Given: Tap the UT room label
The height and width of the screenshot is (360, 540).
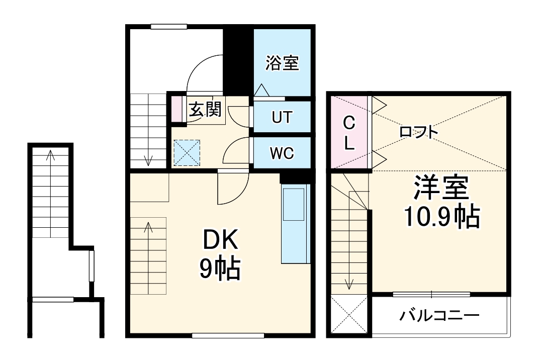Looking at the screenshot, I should pos(281,118).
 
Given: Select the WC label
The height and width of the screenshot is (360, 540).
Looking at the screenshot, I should pos(281,153).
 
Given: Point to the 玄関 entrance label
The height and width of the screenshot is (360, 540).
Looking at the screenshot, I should pos(205,110).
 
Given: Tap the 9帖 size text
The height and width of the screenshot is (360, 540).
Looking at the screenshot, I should pos(220,271).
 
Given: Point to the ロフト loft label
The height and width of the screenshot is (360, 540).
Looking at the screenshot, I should pos(418,132).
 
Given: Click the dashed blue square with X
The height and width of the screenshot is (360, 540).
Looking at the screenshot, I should pos(187,152).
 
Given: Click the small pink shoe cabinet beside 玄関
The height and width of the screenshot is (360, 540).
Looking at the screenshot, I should pos(176,108).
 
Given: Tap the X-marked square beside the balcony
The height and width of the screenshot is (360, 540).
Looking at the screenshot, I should pos(350,314).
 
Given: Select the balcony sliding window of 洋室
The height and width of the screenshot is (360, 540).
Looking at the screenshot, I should pos(431,294).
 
